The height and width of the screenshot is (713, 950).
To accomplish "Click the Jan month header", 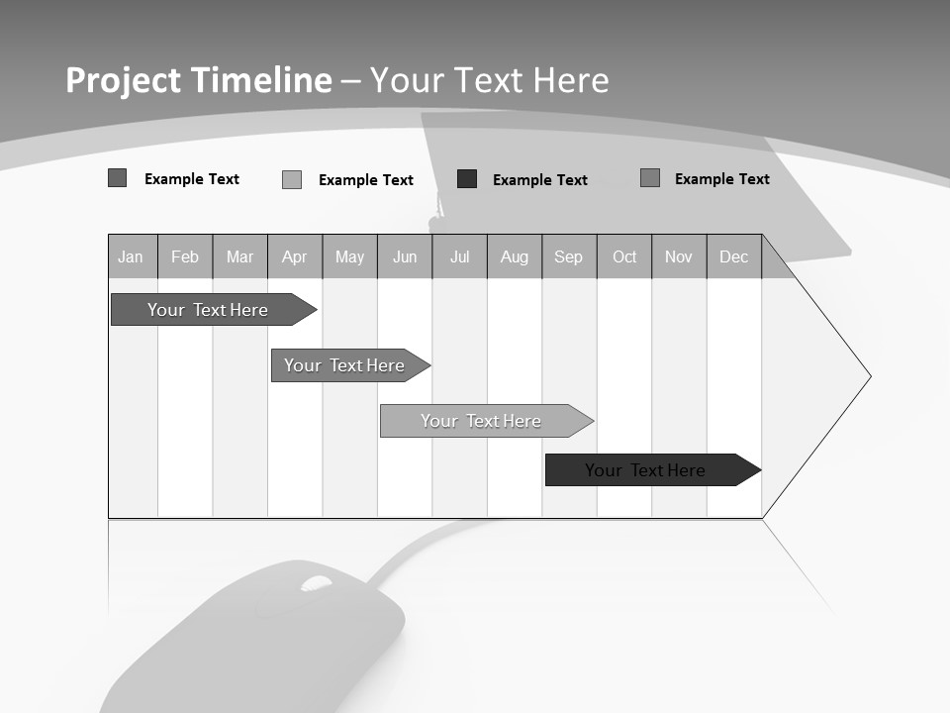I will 131,257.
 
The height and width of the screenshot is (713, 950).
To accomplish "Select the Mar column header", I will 239,257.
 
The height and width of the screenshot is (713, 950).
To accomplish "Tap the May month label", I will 349,257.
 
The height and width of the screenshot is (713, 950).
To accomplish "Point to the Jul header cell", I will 459,257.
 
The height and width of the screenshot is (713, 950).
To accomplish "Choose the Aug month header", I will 515,257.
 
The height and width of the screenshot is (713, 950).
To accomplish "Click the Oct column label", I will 624,257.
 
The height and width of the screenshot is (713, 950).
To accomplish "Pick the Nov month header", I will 679,257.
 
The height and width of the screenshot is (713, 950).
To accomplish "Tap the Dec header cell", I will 733,257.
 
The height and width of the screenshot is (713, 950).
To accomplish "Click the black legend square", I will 467,179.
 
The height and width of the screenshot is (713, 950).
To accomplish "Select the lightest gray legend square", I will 292,180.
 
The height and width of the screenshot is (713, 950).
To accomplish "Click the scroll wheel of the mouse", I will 316,584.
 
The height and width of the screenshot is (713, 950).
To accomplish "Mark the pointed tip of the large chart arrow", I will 870,376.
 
